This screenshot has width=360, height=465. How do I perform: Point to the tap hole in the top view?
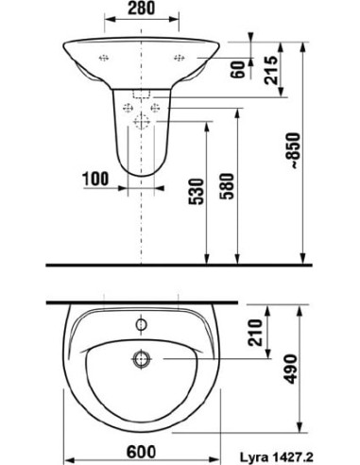(x=143, y=325)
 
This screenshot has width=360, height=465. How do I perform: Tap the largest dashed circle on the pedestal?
(x=144, y=120)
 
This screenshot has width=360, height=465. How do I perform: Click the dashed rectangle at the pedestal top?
(x=144, y=96)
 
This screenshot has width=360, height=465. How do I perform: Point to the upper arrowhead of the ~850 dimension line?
(x=305, y=43)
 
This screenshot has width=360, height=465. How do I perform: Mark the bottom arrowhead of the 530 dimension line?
(x=205, y=256)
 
